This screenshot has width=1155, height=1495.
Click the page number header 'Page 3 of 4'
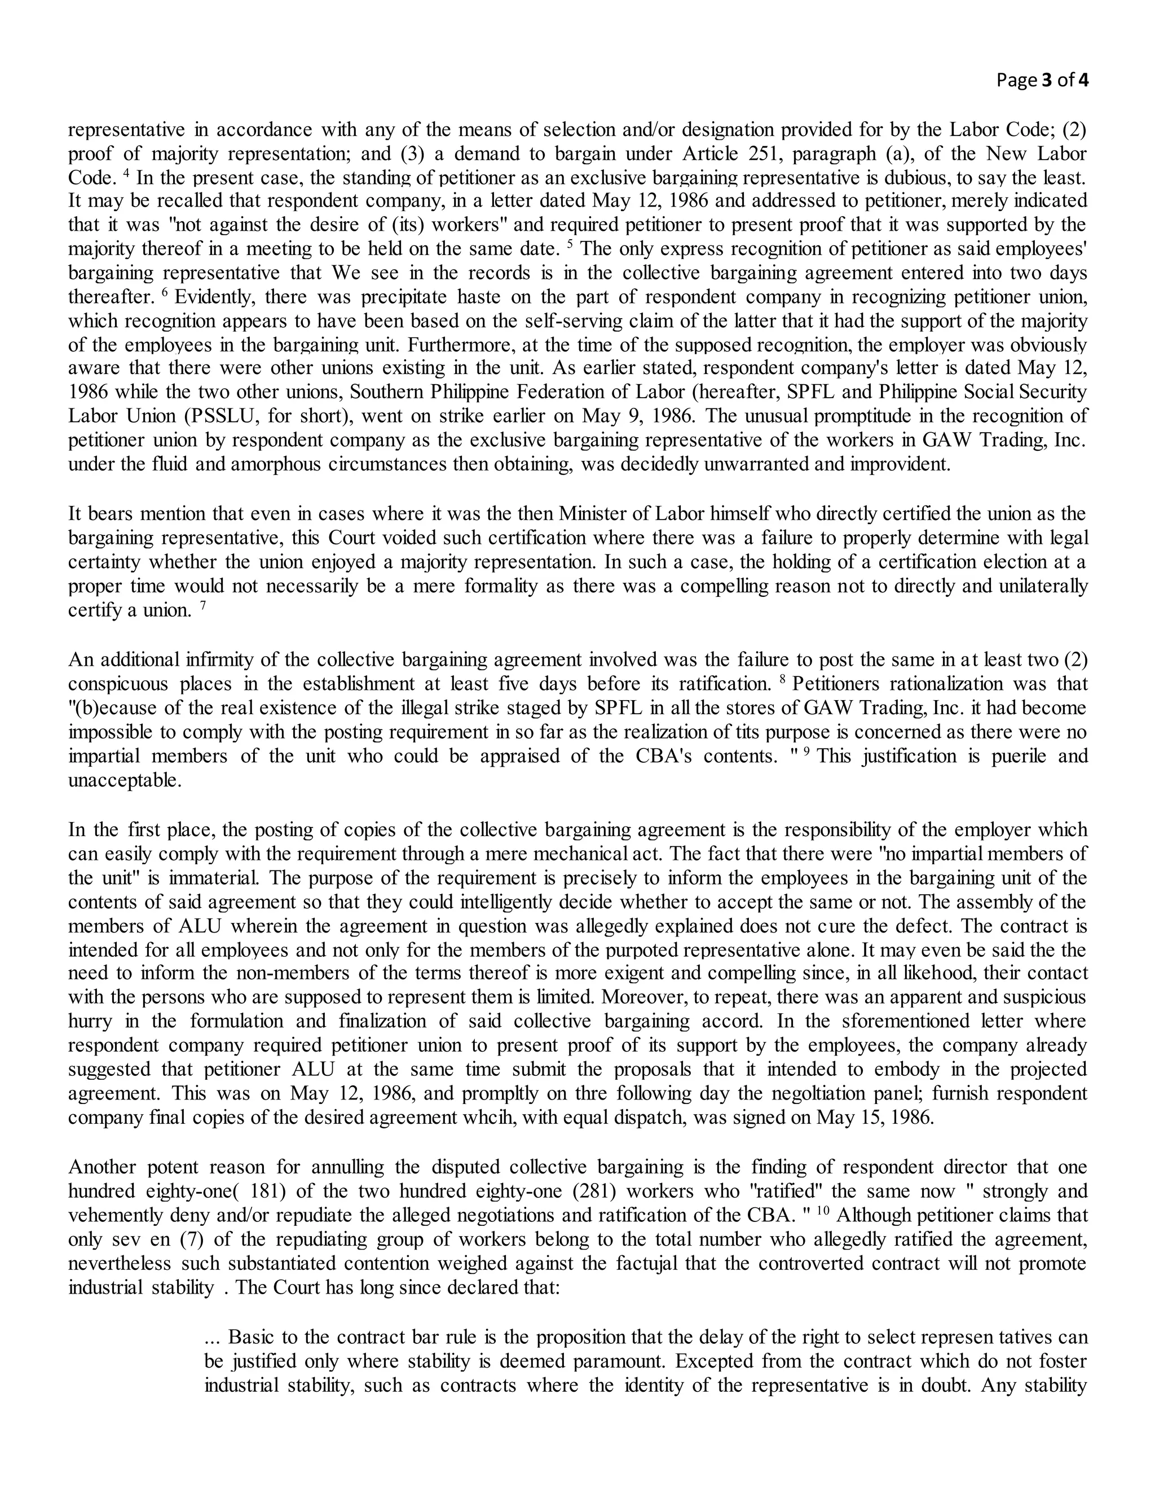1042,81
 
